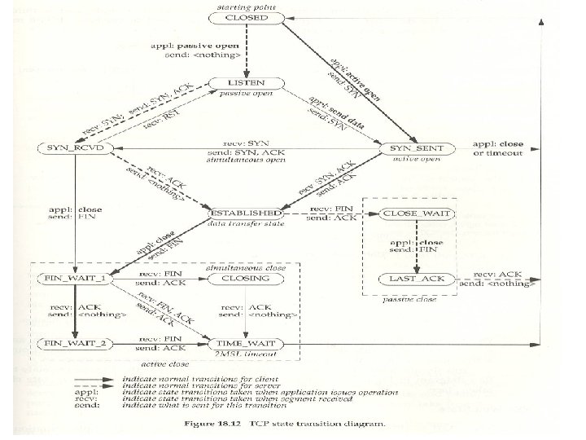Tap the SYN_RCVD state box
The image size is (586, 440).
[76, 148]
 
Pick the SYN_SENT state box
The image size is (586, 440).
[417, 148]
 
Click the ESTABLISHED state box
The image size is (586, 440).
[245, 213]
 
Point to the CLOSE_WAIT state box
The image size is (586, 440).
[417, 213]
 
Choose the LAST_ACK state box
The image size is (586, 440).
[417, 279]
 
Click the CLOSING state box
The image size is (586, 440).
[245, 279]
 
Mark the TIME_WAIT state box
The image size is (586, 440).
[245, 343]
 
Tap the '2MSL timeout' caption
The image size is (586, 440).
[245, 354]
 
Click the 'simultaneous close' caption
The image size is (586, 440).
[245, 267]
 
